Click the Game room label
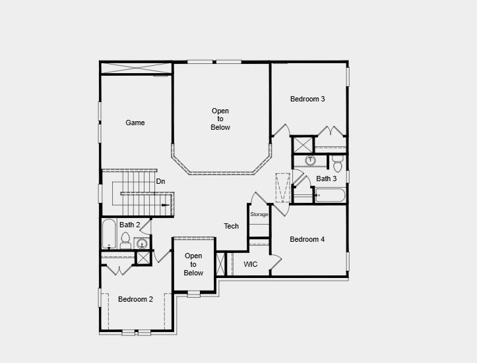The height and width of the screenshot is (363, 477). tap(135, 123)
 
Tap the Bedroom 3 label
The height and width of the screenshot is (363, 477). tap(307, 99)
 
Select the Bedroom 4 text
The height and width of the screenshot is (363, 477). tap(307, 240)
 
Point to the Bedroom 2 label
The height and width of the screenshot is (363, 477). tap(135, 299)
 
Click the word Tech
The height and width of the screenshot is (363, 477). tap(231, 227)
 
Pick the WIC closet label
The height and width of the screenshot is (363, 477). tap(251, 265)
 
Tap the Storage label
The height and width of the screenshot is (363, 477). tap(259, 215)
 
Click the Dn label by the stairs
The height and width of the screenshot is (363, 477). tap(160, 181)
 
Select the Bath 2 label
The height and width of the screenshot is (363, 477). tap(129, 225)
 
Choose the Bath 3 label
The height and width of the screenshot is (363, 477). tap(326, 179)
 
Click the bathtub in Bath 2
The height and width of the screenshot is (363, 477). tap(109, 234)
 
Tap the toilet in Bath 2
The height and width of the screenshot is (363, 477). tap(125, 240)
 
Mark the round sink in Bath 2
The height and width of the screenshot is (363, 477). tap(142, 244)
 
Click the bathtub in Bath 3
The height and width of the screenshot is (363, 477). tap(330, 196)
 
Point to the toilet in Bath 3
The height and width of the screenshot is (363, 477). tap(338, 163)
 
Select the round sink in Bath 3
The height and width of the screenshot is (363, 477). tap(311, 159)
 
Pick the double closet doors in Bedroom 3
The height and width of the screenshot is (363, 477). tap(330, 131)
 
